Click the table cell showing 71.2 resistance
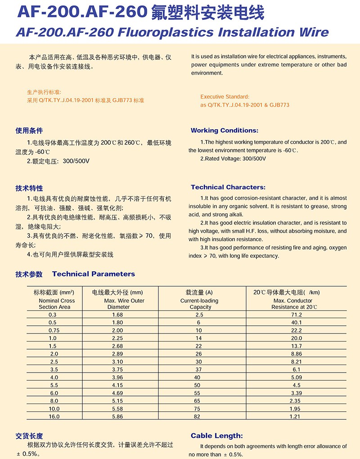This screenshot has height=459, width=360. [296, 315]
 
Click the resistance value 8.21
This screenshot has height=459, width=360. [296, 361]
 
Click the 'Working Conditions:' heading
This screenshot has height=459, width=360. [225, 130]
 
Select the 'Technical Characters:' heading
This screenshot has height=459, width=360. [228, 187]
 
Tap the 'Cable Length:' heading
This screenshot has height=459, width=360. [216, 436]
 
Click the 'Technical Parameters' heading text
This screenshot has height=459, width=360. [93, 274]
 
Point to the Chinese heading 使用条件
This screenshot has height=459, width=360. [29, 130]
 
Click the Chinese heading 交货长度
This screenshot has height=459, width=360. [29, 436]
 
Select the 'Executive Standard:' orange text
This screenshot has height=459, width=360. [225, 97]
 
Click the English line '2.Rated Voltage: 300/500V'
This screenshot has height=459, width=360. [233, 158]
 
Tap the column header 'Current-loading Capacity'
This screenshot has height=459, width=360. [199, 304]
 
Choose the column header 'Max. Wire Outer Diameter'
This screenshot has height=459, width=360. [118, 304]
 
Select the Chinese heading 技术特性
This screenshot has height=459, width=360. [29, 188]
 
